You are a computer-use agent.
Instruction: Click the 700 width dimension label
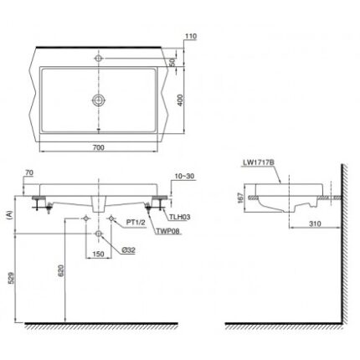point(98,147)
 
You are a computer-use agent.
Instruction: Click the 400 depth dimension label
point(180,100)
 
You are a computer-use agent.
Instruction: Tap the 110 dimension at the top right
point(191,36)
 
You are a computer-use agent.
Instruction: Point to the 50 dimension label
point(172,62)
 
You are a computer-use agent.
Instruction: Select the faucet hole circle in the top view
point(99,58)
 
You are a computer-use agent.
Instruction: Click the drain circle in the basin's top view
point(99,100)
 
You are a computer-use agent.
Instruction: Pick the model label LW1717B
point(258,162)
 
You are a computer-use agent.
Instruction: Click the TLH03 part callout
point(181,217)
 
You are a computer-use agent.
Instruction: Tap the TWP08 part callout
point(167,231)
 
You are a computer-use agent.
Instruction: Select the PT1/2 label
point(136,223)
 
